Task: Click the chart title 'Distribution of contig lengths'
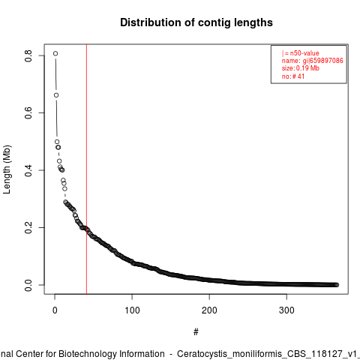[196, 22]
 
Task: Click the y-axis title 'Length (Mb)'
[7, 169]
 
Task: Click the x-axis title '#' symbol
[196, 332]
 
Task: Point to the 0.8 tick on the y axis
[28, 55]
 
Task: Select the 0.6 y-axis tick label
[28, 112]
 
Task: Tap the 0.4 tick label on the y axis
[28, 170]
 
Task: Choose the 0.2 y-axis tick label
[28, 227]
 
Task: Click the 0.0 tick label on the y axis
[28, 285]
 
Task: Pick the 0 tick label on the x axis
[55, 310]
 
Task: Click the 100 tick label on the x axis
[132, 310]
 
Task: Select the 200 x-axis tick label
[209, 310]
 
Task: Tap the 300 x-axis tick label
[286, 310]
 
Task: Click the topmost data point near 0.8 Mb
[55, 53]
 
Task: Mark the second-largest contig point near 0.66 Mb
[56, 95]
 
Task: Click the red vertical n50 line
[86, 169]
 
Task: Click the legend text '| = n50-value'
[300, 53]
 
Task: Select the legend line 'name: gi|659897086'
[313, 61]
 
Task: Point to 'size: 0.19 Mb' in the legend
[301, 68]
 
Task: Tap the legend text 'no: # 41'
[293, 76]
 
